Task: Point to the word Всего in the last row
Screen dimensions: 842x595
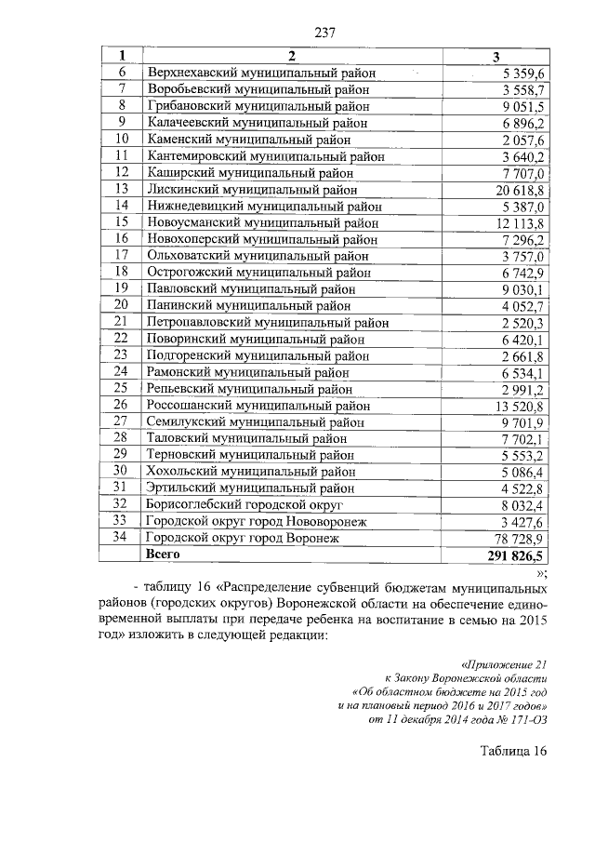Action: [164, 554]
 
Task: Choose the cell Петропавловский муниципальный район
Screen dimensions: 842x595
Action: [268, 322]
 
